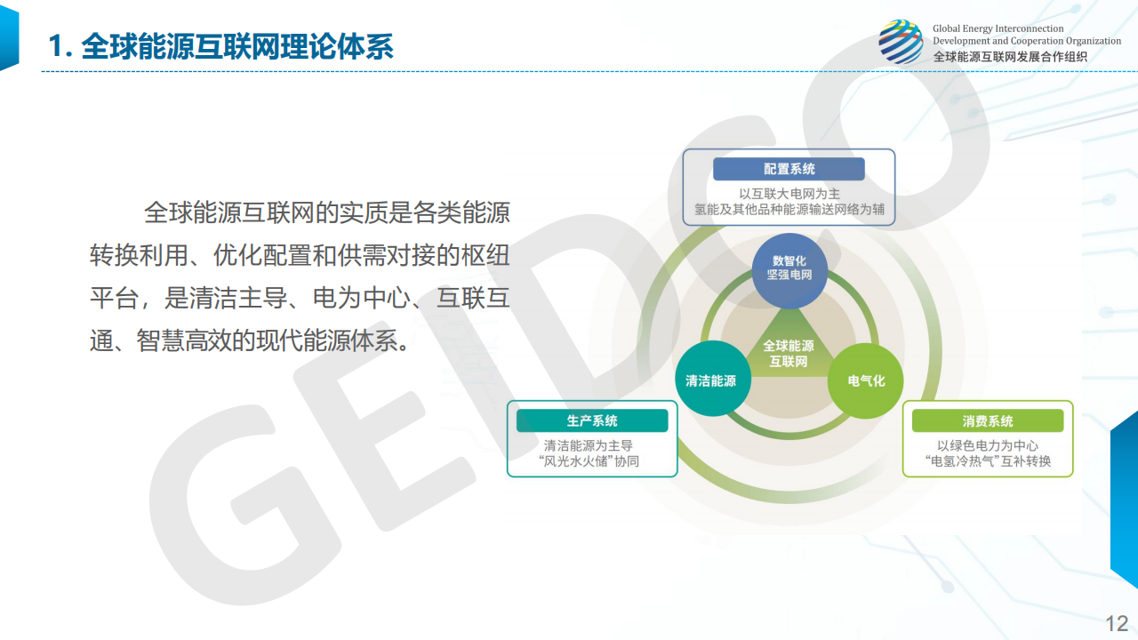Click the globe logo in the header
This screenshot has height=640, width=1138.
click(901, 42)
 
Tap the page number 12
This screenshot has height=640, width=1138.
click(1117, 624)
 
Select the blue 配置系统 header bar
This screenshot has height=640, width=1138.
click(789, 169)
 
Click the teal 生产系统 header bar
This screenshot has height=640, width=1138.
click(592, 420)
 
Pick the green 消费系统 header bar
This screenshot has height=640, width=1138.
click(988, 420)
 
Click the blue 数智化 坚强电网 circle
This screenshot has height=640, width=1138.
click(789, 271)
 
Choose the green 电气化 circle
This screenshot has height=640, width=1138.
click(865, 381)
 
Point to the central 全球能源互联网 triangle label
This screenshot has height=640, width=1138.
click(789, 354)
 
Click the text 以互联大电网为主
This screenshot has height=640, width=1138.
click(789, 194)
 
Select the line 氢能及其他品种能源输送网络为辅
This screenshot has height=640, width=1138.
click(789, 209)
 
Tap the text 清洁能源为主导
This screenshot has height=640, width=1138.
click(589, 445)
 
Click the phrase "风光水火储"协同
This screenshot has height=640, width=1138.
click(589, 461)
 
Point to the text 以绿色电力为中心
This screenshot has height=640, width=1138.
click(988, 445)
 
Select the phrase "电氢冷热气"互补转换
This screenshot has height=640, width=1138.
click(988, 461)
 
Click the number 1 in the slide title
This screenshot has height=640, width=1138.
click(55, 46)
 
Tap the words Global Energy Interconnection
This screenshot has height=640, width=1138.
click(998, 28)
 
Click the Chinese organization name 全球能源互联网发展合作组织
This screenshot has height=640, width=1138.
click(1010, 56)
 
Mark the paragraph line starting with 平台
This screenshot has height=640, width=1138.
click(300, 298)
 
